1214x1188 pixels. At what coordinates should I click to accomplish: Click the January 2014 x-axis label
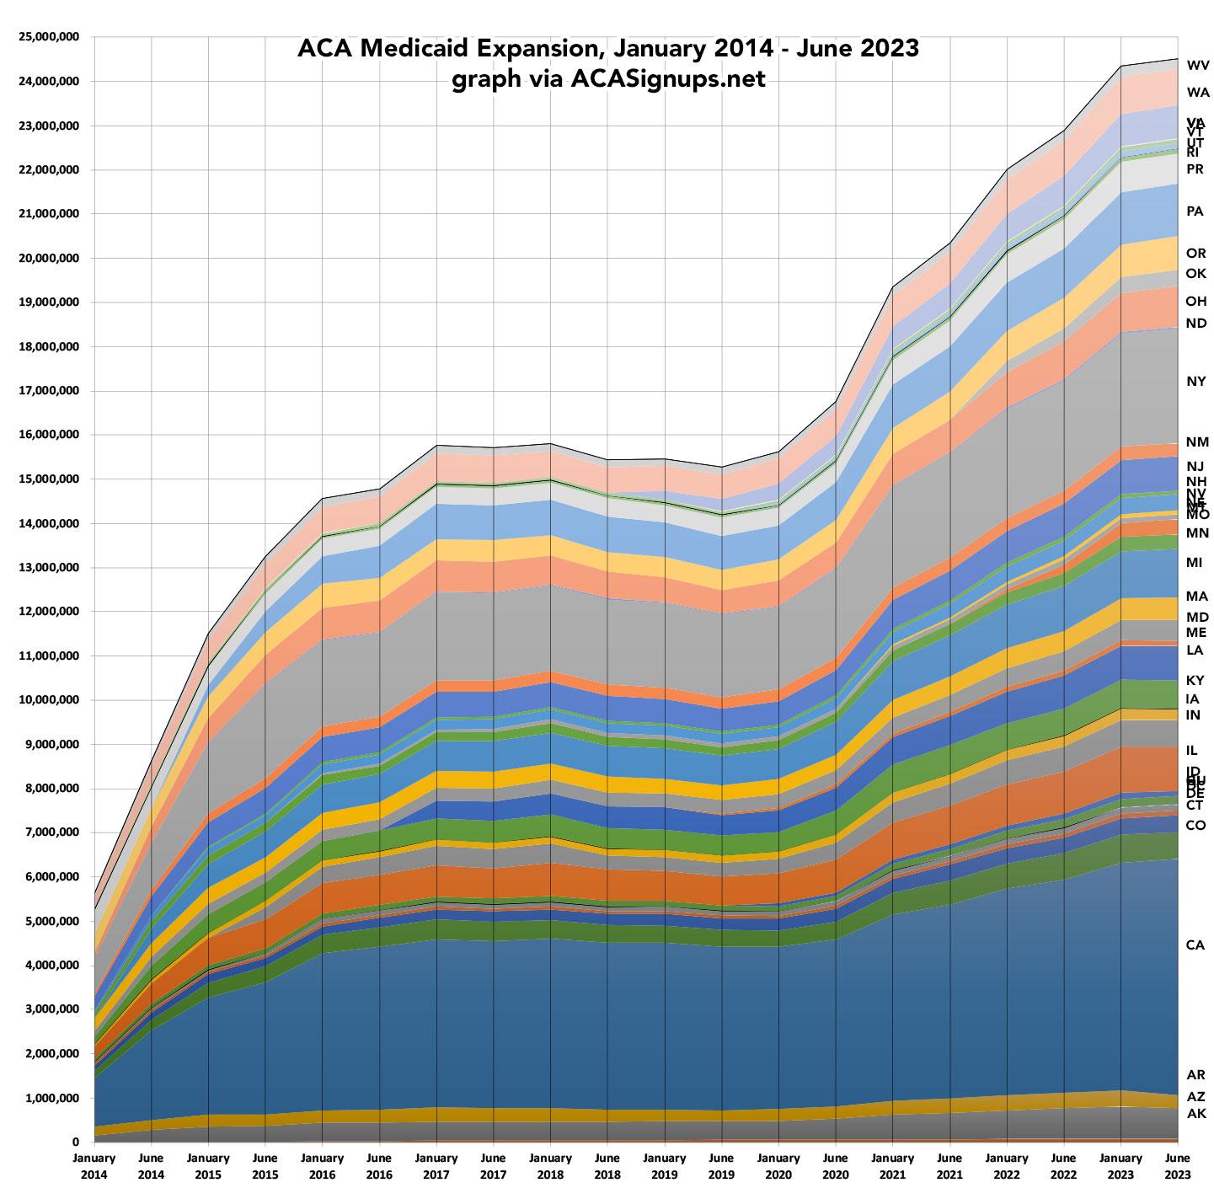coord(94,1165)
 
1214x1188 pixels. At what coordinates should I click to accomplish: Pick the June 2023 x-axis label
coord(1178,1165)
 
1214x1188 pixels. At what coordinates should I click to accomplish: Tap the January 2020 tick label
coord(778,1165)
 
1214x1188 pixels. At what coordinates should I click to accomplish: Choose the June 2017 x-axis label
coord(493,1165)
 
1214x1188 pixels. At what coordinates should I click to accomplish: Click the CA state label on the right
coord(1195,945)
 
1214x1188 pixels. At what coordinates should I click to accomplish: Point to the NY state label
coord(1195,382)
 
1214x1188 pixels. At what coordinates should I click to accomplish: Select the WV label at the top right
coord(1198,65)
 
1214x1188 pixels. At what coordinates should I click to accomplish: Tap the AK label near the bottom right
coord(1195,1114)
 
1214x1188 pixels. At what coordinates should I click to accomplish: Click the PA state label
coord(1195,211)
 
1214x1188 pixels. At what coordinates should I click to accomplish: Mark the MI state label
coord(1194,563)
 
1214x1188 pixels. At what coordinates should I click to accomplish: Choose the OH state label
coord(1195,301)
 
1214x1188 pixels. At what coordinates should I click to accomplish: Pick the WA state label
coord(1198,93)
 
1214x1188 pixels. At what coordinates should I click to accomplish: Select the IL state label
coord(1192,750)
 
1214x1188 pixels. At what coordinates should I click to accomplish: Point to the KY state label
coord(1195,680)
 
